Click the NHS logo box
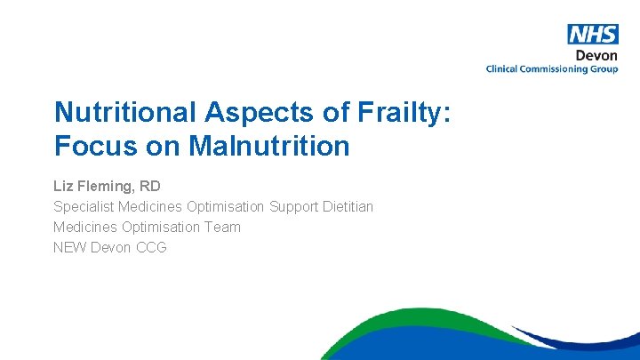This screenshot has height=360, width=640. click(x=592, y=34)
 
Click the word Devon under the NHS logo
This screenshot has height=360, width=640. click(x=596, y=55)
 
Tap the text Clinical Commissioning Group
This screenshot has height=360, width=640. click(x=551, y=68)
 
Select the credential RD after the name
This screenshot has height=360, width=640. click(x=149, y=187)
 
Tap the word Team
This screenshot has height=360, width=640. click(x=222, y=227)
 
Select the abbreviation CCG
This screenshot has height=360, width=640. click(x=151, y=247)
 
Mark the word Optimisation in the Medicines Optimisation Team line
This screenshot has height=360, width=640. click(x=160, y=227)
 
